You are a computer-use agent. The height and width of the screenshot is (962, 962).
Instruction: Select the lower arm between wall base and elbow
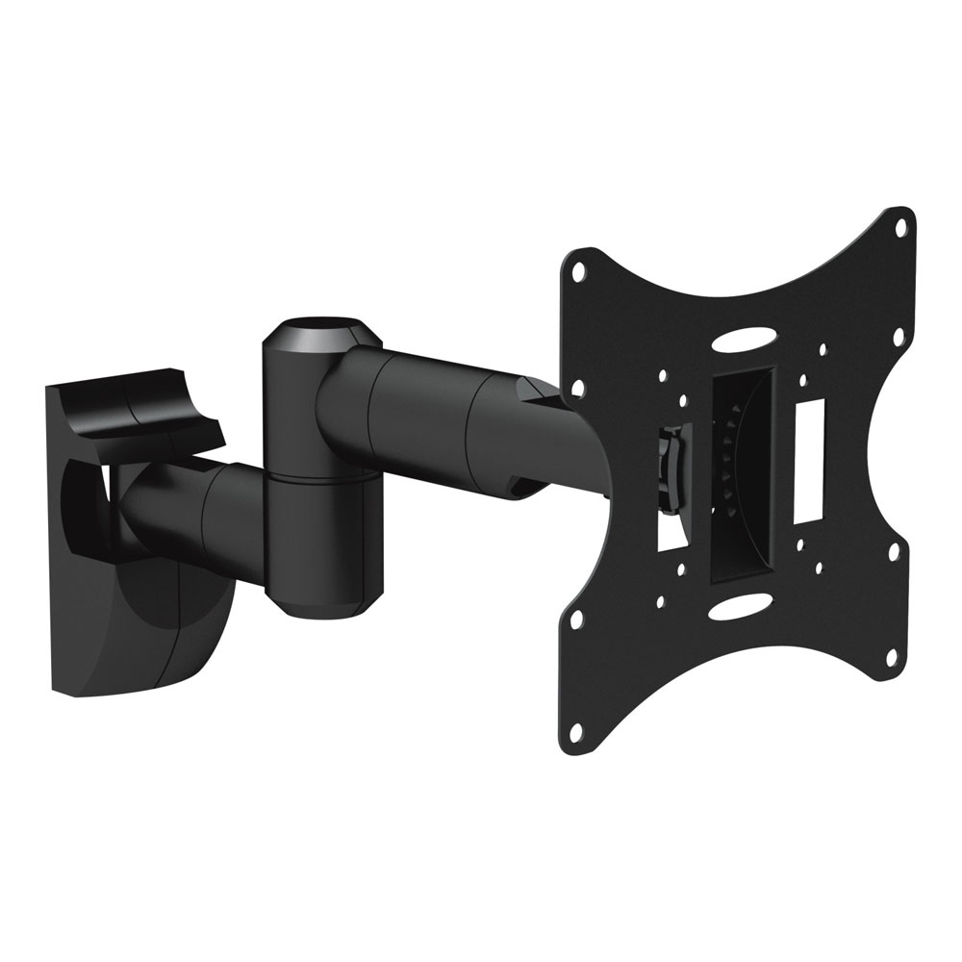pyautogui.click(x=192, y=510)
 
